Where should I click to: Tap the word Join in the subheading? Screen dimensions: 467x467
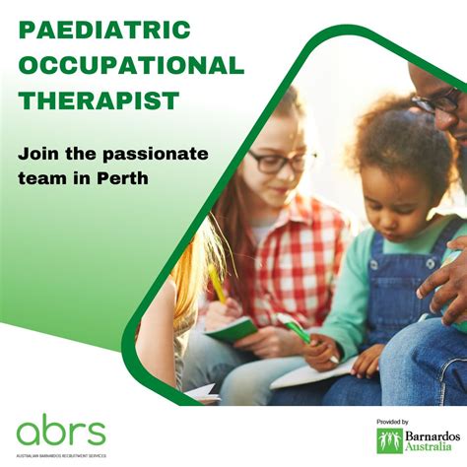coord(35,154)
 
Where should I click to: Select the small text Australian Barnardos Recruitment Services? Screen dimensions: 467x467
coord(60,455)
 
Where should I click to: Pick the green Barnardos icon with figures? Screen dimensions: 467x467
coord(389,440)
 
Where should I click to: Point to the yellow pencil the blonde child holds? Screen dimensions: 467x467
coord(216,286)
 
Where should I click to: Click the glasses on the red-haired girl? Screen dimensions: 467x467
coord(282,161)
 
